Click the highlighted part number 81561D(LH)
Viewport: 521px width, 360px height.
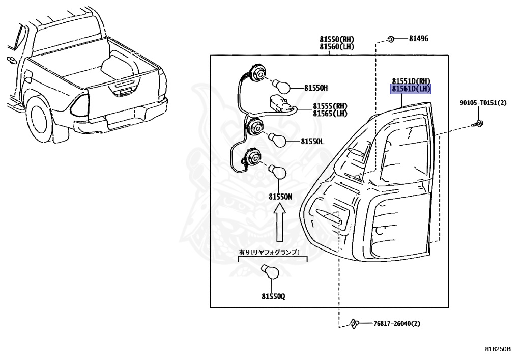[411, 89]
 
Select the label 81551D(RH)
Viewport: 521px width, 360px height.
[411, 81]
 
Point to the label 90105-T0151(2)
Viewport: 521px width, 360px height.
[483, 103]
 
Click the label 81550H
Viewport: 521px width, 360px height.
[316, 88]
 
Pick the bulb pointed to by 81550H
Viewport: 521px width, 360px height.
[280, 86]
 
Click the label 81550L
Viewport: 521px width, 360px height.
[312, 141]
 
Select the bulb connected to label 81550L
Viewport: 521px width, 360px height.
[278, 139]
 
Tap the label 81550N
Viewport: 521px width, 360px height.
[281, 196]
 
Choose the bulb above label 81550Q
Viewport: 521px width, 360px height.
[270, 272]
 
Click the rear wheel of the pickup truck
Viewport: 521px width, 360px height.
[44, 118]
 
